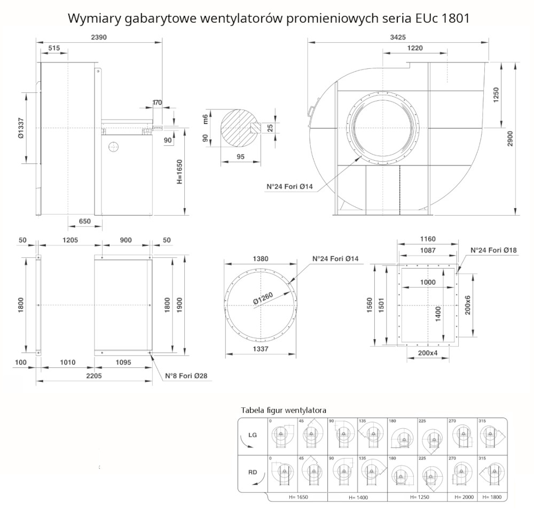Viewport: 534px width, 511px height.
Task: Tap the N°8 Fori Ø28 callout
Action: (x=186, y=376)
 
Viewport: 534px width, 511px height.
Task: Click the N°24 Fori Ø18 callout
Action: (x=493, y=250)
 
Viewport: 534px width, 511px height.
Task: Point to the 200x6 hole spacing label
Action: (x=468, y=305)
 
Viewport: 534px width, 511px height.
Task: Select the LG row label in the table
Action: (x=253, y=435)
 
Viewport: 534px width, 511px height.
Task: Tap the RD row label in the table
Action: (x=253, y=472)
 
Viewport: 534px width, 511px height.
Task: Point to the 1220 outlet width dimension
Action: (x=414, y=48)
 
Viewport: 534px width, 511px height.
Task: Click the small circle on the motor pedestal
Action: (x=113, y=146)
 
